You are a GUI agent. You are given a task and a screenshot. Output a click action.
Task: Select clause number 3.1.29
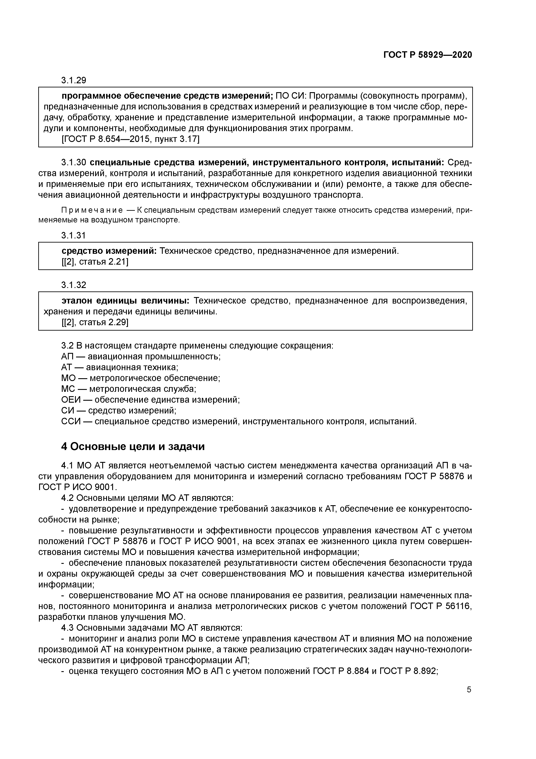(x=73, y=80)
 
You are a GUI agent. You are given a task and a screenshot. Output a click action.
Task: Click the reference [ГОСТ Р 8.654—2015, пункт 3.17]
(x=131, y=139)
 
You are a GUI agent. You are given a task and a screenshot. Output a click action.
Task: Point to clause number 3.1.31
(x=73, y=235)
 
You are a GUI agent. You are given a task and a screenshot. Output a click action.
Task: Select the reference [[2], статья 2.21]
(x=95, y=262)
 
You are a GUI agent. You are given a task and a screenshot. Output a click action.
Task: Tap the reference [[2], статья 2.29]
(x=95, y=322)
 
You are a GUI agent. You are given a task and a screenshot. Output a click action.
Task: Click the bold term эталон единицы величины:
(x=126, y=301)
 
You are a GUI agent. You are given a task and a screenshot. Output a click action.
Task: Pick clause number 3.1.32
(x=73, y=285)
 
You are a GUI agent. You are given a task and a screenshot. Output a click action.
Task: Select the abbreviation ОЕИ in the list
(x=70, y=400)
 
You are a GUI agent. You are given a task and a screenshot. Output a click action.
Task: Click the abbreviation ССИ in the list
(x=70, y=421)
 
